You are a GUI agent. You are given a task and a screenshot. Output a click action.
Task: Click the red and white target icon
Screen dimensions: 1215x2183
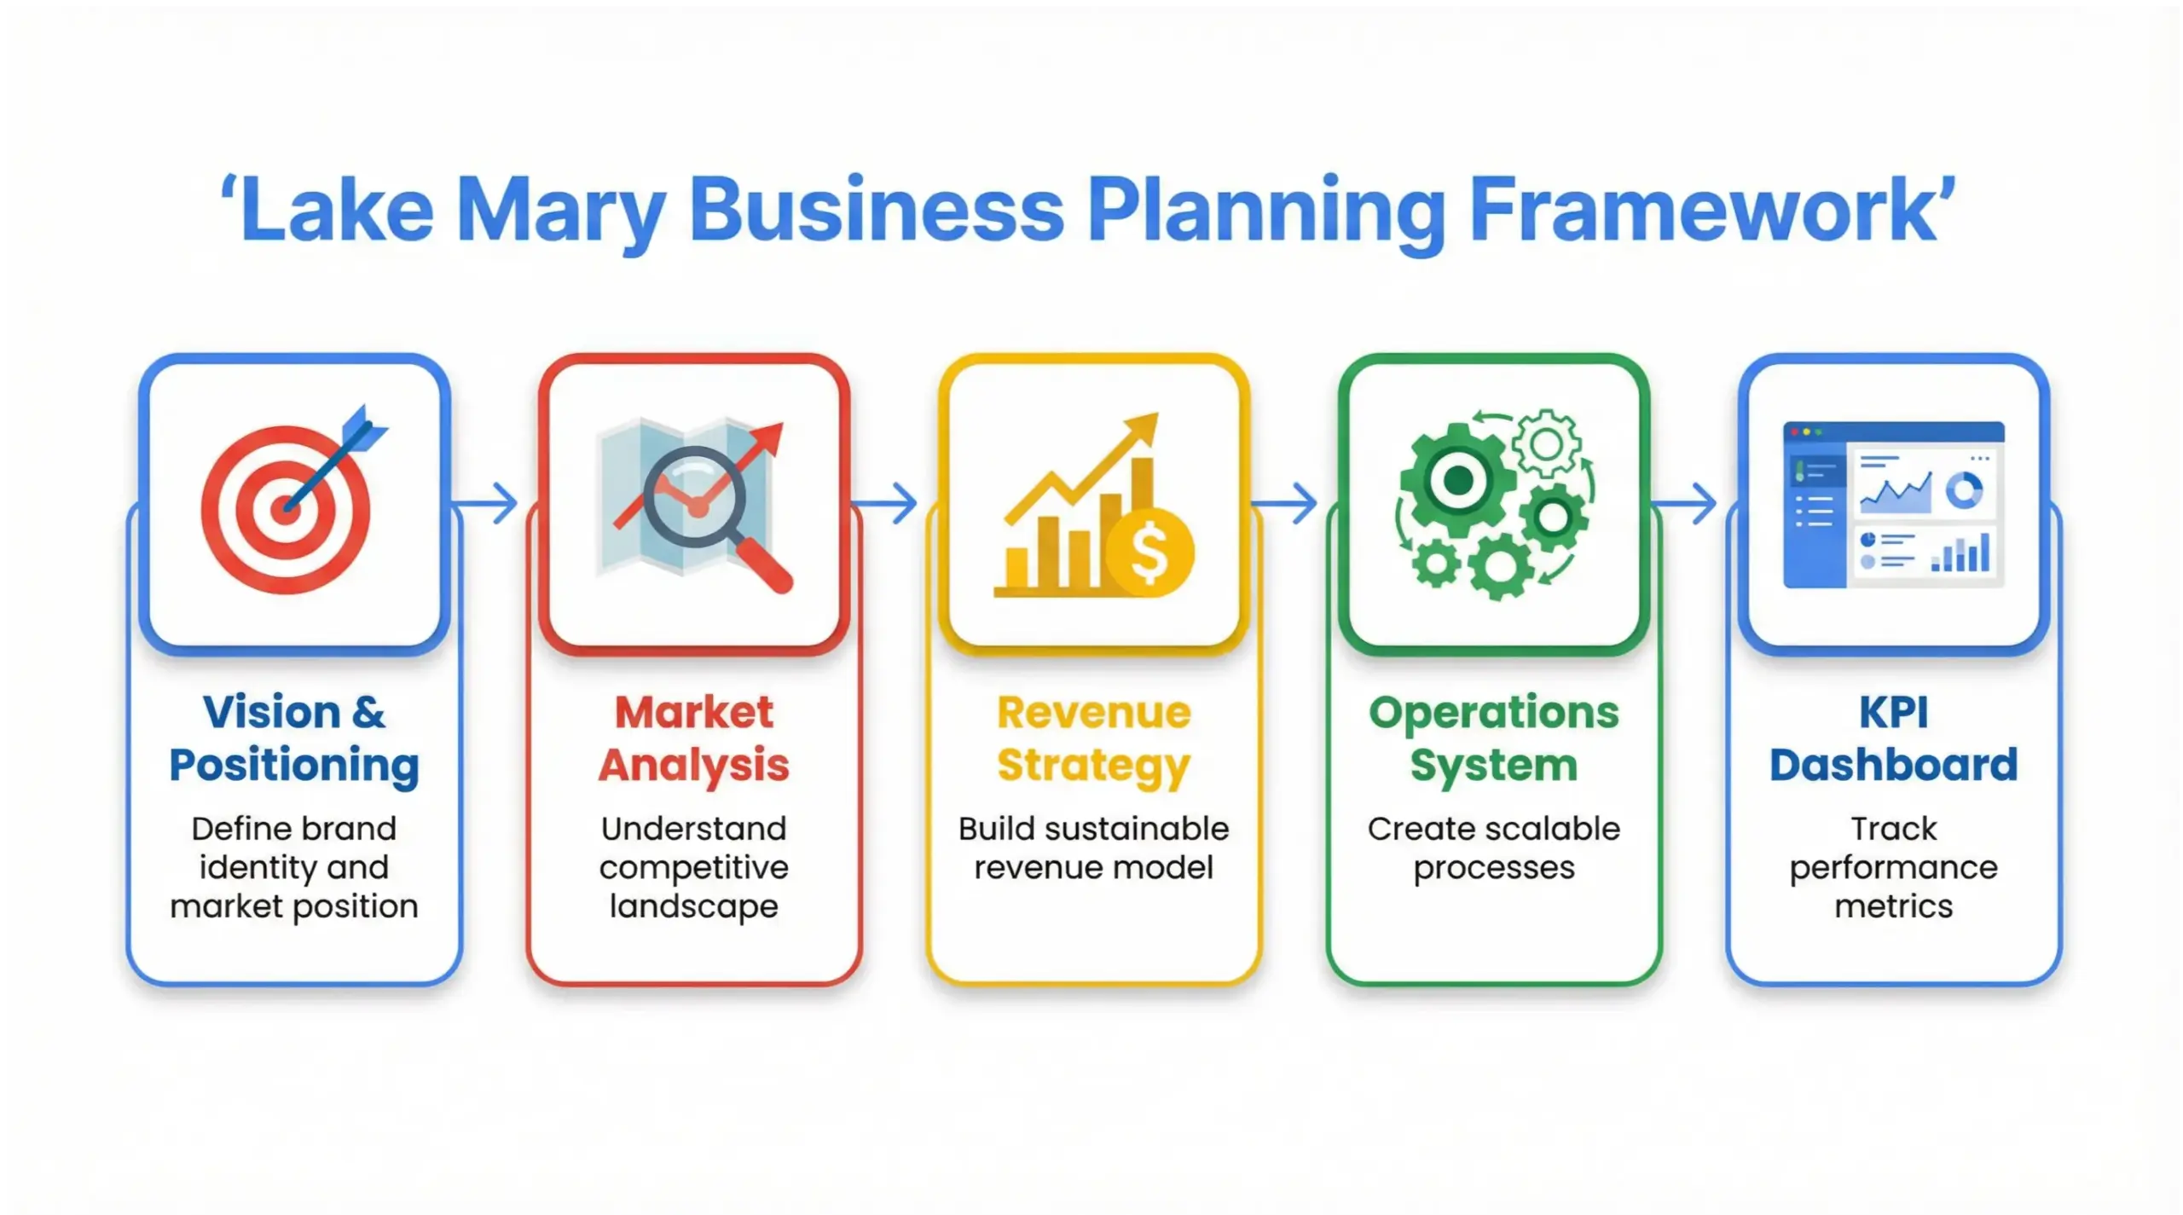pos(286,509)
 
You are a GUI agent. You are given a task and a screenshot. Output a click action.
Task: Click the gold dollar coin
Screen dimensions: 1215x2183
pos(1149,553)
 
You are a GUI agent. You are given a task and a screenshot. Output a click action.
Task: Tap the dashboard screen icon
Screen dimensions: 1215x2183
pos(1893,505)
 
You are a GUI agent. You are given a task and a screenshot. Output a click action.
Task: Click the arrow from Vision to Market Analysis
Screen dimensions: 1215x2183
pos(486,503)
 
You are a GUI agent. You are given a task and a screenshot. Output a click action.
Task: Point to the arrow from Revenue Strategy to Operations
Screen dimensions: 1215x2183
pos(1285,503)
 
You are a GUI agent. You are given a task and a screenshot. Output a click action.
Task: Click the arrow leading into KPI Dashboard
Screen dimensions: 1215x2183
pos(1685,503)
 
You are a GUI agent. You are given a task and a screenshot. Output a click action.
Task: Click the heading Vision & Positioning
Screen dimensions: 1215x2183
pos(294,738)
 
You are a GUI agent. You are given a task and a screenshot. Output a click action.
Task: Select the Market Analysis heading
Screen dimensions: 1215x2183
pos(694,738)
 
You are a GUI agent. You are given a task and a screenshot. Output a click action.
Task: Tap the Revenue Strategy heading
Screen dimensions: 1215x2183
pos(1094,738)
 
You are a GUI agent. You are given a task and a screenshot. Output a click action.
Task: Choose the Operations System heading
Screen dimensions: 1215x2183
pos(1494,738)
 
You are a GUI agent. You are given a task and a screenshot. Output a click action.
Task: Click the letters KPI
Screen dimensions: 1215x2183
pos(1893,712)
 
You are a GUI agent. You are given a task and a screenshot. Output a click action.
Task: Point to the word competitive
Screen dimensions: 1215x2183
pos(694,868)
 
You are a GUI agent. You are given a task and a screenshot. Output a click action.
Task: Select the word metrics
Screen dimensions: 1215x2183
pos(1893,905)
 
